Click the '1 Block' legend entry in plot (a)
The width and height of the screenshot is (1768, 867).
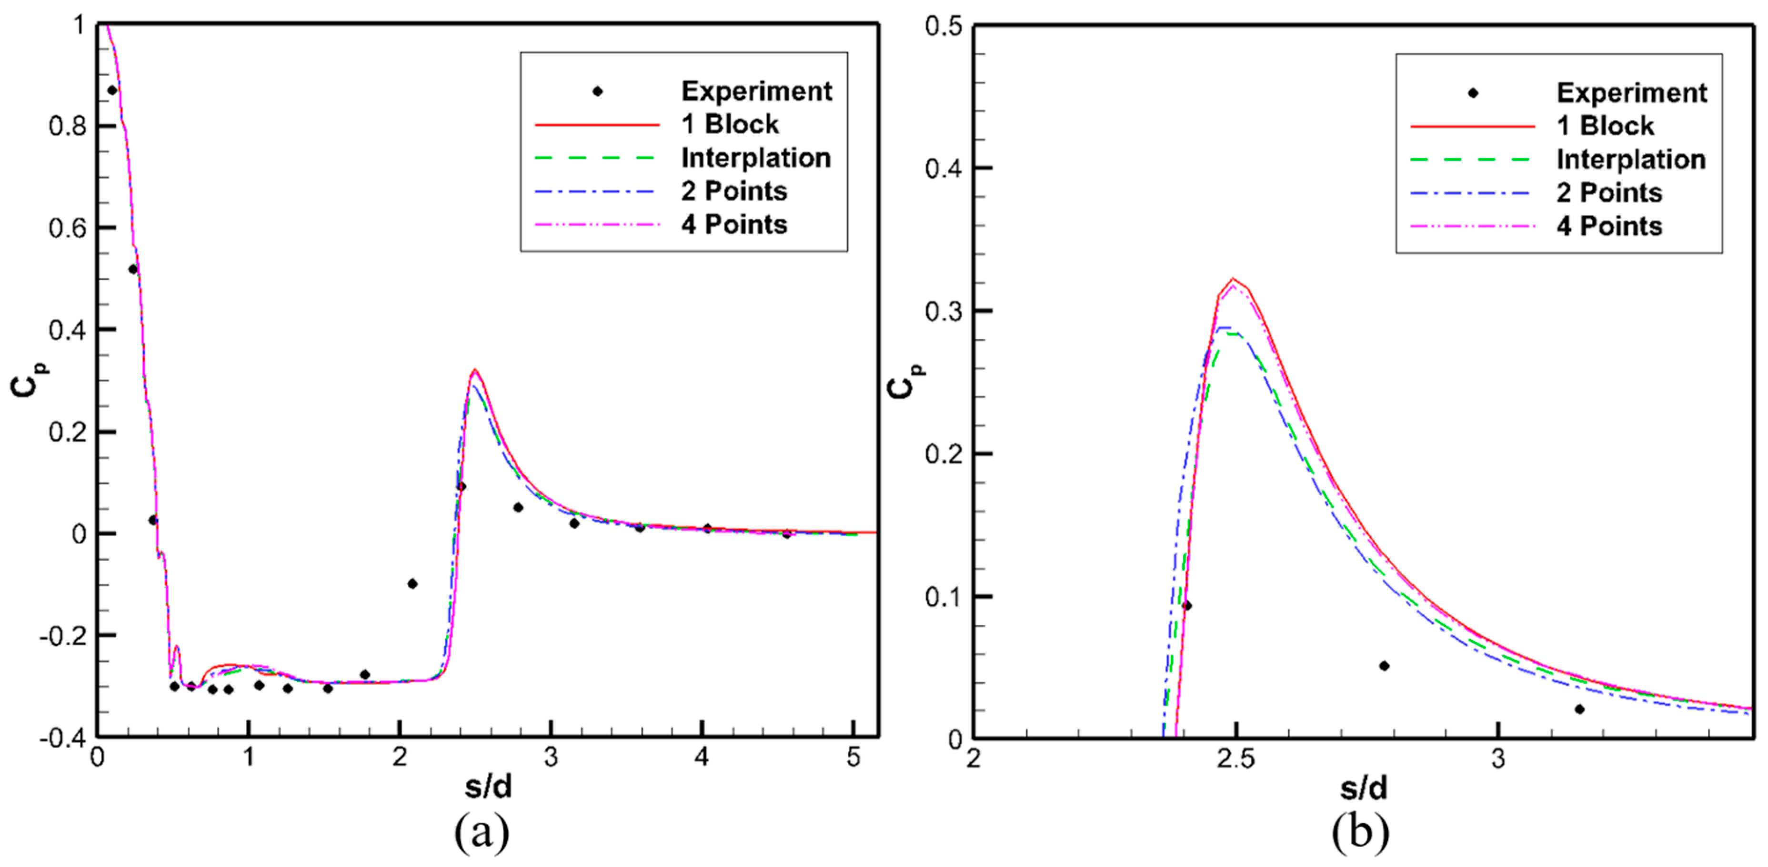click(730, 125)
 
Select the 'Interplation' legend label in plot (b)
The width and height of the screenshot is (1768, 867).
click(1631, 160)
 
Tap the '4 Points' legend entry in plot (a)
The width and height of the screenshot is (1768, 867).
click(733, 225)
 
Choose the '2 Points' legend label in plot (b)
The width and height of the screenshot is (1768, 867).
click(1609, 193)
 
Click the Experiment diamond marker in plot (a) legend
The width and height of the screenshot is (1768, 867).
click(598, 92)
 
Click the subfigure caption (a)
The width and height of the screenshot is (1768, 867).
click(482, 833)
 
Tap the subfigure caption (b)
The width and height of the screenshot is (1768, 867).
click(1360, 833)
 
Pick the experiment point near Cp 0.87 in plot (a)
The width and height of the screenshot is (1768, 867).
click(112, 90)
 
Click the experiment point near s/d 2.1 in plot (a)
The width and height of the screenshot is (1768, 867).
click(412, 584)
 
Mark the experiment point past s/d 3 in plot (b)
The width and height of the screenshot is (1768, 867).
click(1579, 709)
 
